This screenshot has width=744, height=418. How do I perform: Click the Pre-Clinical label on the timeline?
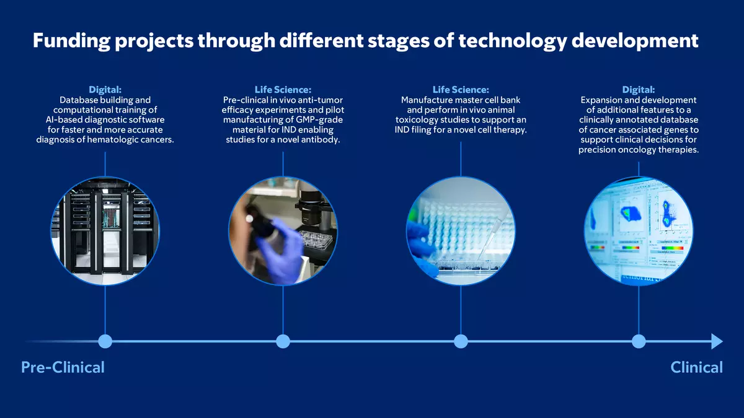pyautogui.click(x=63, y=367)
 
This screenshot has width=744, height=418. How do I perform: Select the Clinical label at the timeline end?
pyautogui.click(x=696, y=367)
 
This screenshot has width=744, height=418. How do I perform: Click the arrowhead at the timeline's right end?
pyautogui.click(x=717, y=341)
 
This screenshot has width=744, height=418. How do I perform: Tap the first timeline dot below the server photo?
pyautogui.click(x=105, y=341)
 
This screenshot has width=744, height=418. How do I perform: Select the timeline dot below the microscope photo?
pyautogui.click(x=283, y=341)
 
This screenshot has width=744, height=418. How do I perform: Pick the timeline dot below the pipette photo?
pyautogui.click(x=461, y=341)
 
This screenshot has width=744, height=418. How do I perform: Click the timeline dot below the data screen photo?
pyautogui.click(x=639, y=341)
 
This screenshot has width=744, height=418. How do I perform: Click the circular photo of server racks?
pyautogui.click(x=105, y=231)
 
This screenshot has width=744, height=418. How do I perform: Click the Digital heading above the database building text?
pyautogui.click(x=105, y=90)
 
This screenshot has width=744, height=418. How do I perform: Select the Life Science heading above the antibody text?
pyautogui.click(x=283, y=90)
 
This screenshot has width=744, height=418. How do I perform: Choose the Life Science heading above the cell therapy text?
pyautogui.click(x=461, y=90)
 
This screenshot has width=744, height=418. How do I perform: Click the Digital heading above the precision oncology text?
pyautogui.click(x=639, y=90)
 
